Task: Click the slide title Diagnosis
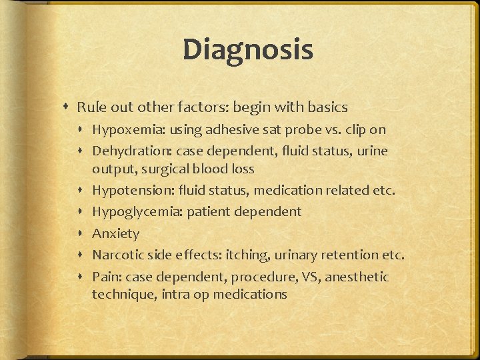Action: pyautogui.click(x=247, y=50)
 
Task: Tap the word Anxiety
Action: pyautogui.click(x=115, y=233)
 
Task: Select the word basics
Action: pyautogui.click(x=327, y=107)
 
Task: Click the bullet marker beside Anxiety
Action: pyautogui.click(x=82, y=234)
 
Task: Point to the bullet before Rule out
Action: pyautogui.click(x=67, y=107)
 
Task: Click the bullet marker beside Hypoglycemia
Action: pyautogui.click(x=82, y=213)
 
